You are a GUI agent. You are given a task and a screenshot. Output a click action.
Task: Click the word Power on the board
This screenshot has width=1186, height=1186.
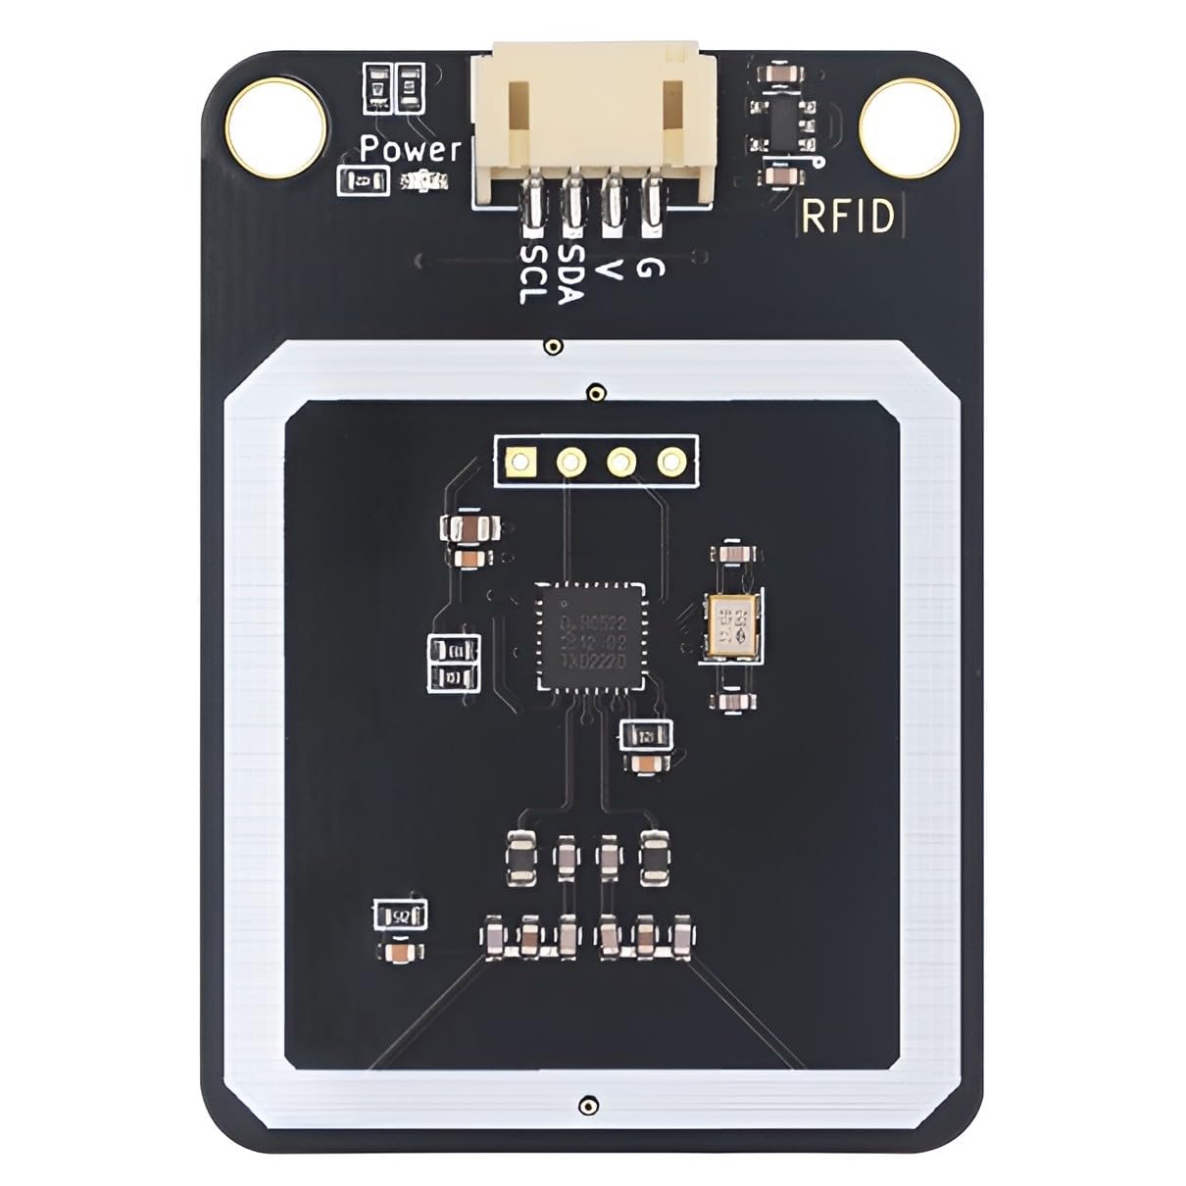pos(410,150)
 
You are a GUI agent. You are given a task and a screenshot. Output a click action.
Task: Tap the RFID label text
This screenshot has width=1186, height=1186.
pos(849,217)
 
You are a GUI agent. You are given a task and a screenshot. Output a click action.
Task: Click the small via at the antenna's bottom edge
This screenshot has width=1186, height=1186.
pos(586,1104)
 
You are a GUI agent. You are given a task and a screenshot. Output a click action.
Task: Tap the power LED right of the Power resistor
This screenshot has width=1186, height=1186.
pos(425,180)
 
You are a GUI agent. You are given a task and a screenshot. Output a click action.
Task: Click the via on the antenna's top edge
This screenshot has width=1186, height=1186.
pos(554,346)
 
